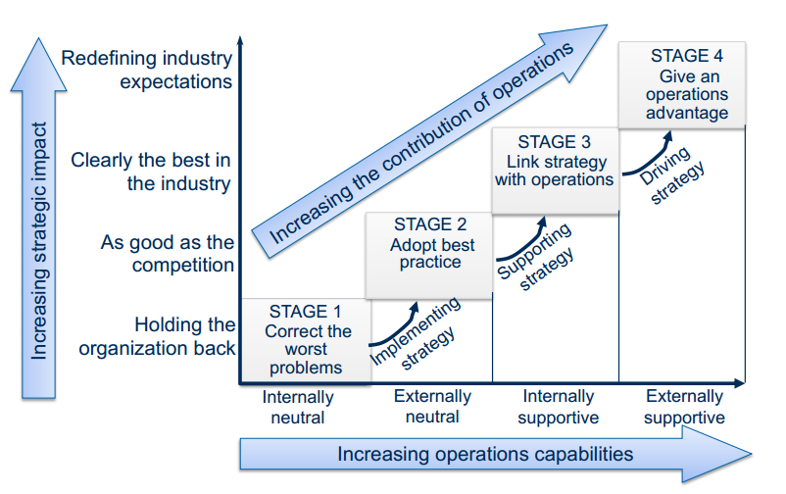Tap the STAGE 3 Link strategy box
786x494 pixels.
pos(555,171)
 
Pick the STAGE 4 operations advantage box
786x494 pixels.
pos(681,84)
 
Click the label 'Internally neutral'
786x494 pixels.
pos(298,407)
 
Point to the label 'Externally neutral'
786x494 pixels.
pos(431,407)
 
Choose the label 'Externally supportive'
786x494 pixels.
pos(685,407)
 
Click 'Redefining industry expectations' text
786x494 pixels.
pos(147,70)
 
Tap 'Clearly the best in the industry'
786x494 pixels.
pos(152,172)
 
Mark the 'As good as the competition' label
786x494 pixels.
pos(168,253)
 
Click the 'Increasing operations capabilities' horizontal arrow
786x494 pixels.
pos(490,454)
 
